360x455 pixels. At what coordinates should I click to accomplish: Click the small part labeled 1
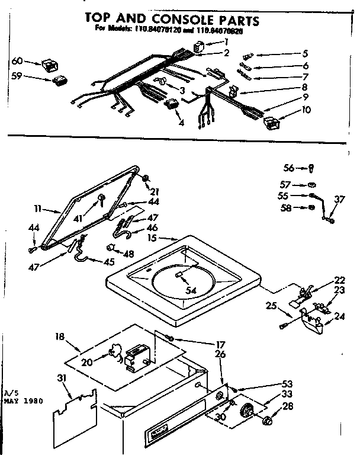point(200,46)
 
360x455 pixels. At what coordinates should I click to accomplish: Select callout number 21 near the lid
point(156,191)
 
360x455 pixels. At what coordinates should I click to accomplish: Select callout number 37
point(339,200)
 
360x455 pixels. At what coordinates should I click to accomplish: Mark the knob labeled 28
point(266,421)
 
